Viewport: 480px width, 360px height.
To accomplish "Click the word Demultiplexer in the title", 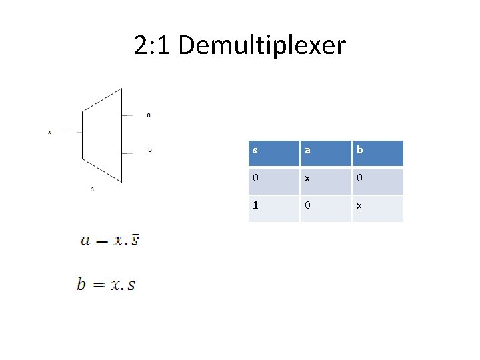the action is [x=262, y=46].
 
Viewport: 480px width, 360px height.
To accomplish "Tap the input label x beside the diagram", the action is [x=49, y=132].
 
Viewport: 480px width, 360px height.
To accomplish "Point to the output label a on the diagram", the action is [x=149, y=115].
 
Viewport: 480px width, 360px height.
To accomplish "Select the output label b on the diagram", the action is [x=149, y=149].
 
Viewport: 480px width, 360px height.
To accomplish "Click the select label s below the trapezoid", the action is [x=93, y=189].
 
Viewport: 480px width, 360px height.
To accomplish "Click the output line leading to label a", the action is [x=133, y=115].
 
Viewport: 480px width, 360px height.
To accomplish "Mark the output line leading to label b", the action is [x=133, y=149].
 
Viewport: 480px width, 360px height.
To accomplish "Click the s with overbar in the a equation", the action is [x=134, y=239].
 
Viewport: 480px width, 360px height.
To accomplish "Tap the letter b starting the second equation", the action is [x=81, y=284].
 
